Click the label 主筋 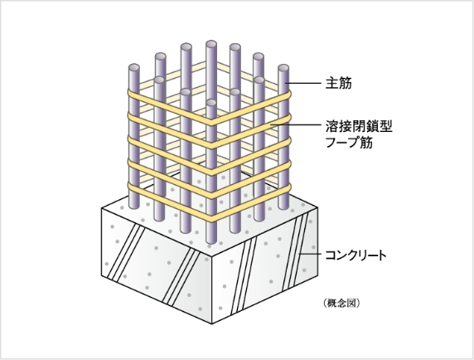(x=339, y=83)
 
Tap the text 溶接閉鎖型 (x=359, y=126)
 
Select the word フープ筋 (x=349, y=142)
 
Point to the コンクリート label (x=355, y=255)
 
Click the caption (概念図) (x=341, y=303)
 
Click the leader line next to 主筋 (x=302, y=83)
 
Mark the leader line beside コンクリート (x=310, y=254)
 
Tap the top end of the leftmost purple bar (x=134, y=67)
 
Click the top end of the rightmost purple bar (x=283, y=68)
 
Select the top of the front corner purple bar (x=211, y=103)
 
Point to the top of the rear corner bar (x=211, y=44)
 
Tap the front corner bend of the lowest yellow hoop (x=211, y=217)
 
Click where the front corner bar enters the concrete (x=211, y=241)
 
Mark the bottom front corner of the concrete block (x=211, y=324)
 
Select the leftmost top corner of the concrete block (x=102, y=208)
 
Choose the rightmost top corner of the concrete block (x=317, y=207)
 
